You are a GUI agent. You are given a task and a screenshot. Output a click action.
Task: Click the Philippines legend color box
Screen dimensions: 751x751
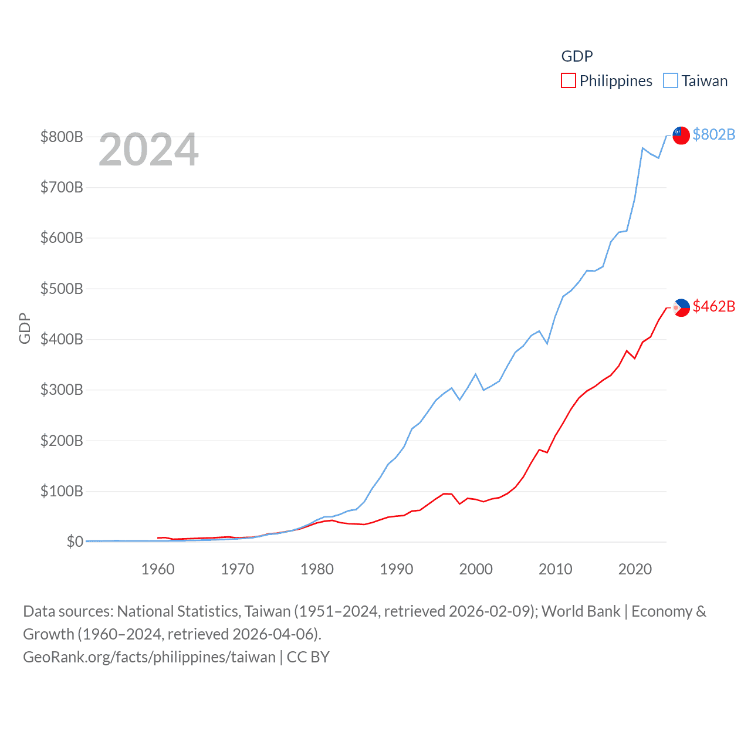pos(568,80)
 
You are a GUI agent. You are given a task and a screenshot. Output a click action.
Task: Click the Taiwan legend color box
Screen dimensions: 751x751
pos(670,80)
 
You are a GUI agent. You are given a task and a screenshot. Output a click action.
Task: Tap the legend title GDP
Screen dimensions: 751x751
pos(577,56)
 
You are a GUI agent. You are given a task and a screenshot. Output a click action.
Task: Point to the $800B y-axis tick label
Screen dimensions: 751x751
pos(62,137)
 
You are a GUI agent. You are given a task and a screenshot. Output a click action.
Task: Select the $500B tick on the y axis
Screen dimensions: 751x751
pos(62,289)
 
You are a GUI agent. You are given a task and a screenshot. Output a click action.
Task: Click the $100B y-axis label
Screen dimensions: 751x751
pos(62,491)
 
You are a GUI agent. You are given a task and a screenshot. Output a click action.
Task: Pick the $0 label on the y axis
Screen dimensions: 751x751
pos(75,542)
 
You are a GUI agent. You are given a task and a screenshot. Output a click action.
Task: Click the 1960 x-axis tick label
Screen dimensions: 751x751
pos(158,569)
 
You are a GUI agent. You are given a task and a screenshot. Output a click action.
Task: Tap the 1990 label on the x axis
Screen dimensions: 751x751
pos(397,569)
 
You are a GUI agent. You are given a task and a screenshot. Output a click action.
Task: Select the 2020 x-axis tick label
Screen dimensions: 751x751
pos(635,569)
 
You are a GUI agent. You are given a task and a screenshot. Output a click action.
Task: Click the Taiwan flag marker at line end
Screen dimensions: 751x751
pos(681,135)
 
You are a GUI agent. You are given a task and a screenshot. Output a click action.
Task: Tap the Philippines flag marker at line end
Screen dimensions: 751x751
pos(681,307)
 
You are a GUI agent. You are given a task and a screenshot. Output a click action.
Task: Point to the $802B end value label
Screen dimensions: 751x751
pos(713,134)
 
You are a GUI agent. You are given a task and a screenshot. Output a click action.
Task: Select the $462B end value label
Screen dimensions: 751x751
pos(713,306)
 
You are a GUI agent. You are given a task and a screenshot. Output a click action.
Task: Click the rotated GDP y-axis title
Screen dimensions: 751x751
pos(24,329)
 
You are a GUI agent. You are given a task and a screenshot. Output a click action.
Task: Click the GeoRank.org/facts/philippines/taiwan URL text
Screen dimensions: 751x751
pos(149,657)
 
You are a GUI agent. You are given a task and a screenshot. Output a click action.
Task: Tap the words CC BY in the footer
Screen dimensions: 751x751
pos(308,657)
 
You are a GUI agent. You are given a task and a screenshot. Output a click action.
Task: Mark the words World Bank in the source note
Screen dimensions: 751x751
pos(580,611)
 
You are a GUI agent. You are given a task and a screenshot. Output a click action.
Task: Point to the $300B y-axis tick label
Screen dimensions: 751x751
pos(62,390)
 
